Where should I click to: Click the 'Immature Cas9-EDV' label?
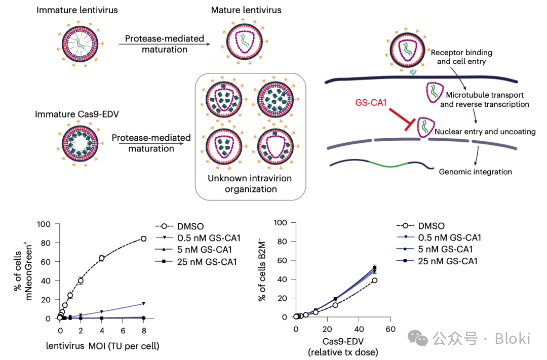[76, 114]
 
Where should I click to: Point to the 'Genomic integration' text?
[475, 172]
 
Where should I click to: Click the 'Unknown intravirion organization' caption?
[250, 184]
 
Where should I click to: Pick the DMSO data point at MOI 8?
[143, 238]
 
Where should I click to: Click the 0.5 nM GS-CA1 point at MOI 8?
[144, 304]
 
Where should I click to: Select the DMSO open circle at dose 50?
[374, 280]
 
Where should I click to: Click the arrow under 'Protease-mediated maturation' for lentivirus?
[164, 45]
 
